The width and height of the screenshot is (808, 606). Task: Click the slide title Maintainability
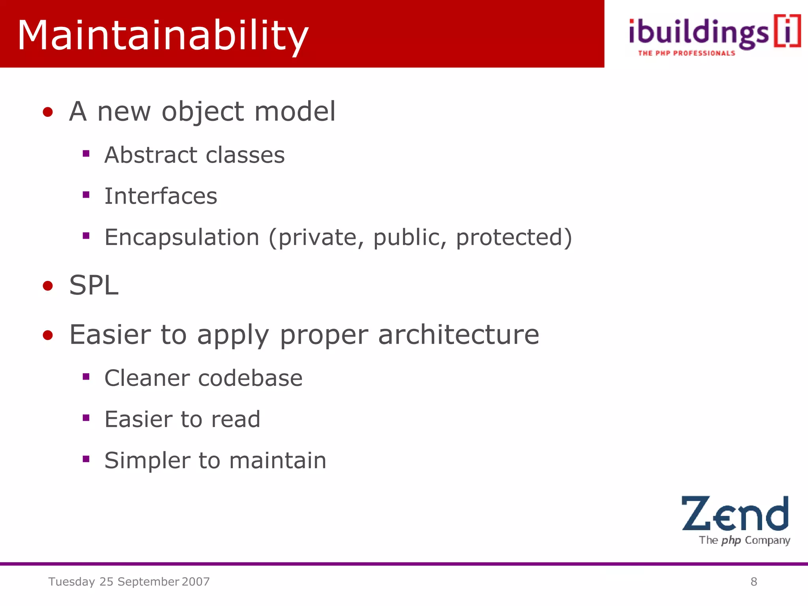(x=163, y=36)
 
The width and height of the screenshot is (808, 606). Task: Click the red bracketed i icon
(x=787, y=32)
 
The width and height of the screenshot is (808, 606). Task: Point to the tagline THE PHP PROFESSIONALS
(x=686, y=53)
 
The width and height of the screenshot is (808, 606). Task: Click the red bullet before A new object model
(x=48, y=112)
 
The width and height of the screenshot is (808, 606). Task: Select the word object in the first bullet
(x=203, y=112)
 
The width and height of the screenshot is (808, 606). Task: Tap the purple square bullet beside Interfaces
(x=86, y=195)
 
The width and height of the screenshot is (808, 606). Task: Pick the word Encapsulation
(x=182, y=237)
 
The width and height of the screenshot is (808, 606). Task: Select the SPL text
(x=94, y=285)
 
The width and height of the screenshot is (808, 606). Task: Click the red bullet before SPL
(x=48, y=286)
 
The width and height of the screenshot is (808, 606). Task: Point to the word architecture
(x=458, y=335)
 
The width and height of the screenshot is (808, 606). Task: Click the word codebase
(x=250, y=378)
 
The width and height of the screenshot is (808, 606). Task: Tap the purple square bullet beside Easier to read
(x=86, y=418)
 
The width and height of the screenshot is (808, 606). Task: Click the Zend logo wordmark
(x=735, y=514)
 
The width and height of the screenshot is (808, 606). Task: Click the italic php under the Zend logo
(x=731, y=540)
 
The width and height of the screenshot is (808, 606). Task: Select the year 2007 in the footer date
(x=196, y=582)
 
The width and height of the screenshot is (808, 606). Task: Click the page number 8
(x=754, y=582)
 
